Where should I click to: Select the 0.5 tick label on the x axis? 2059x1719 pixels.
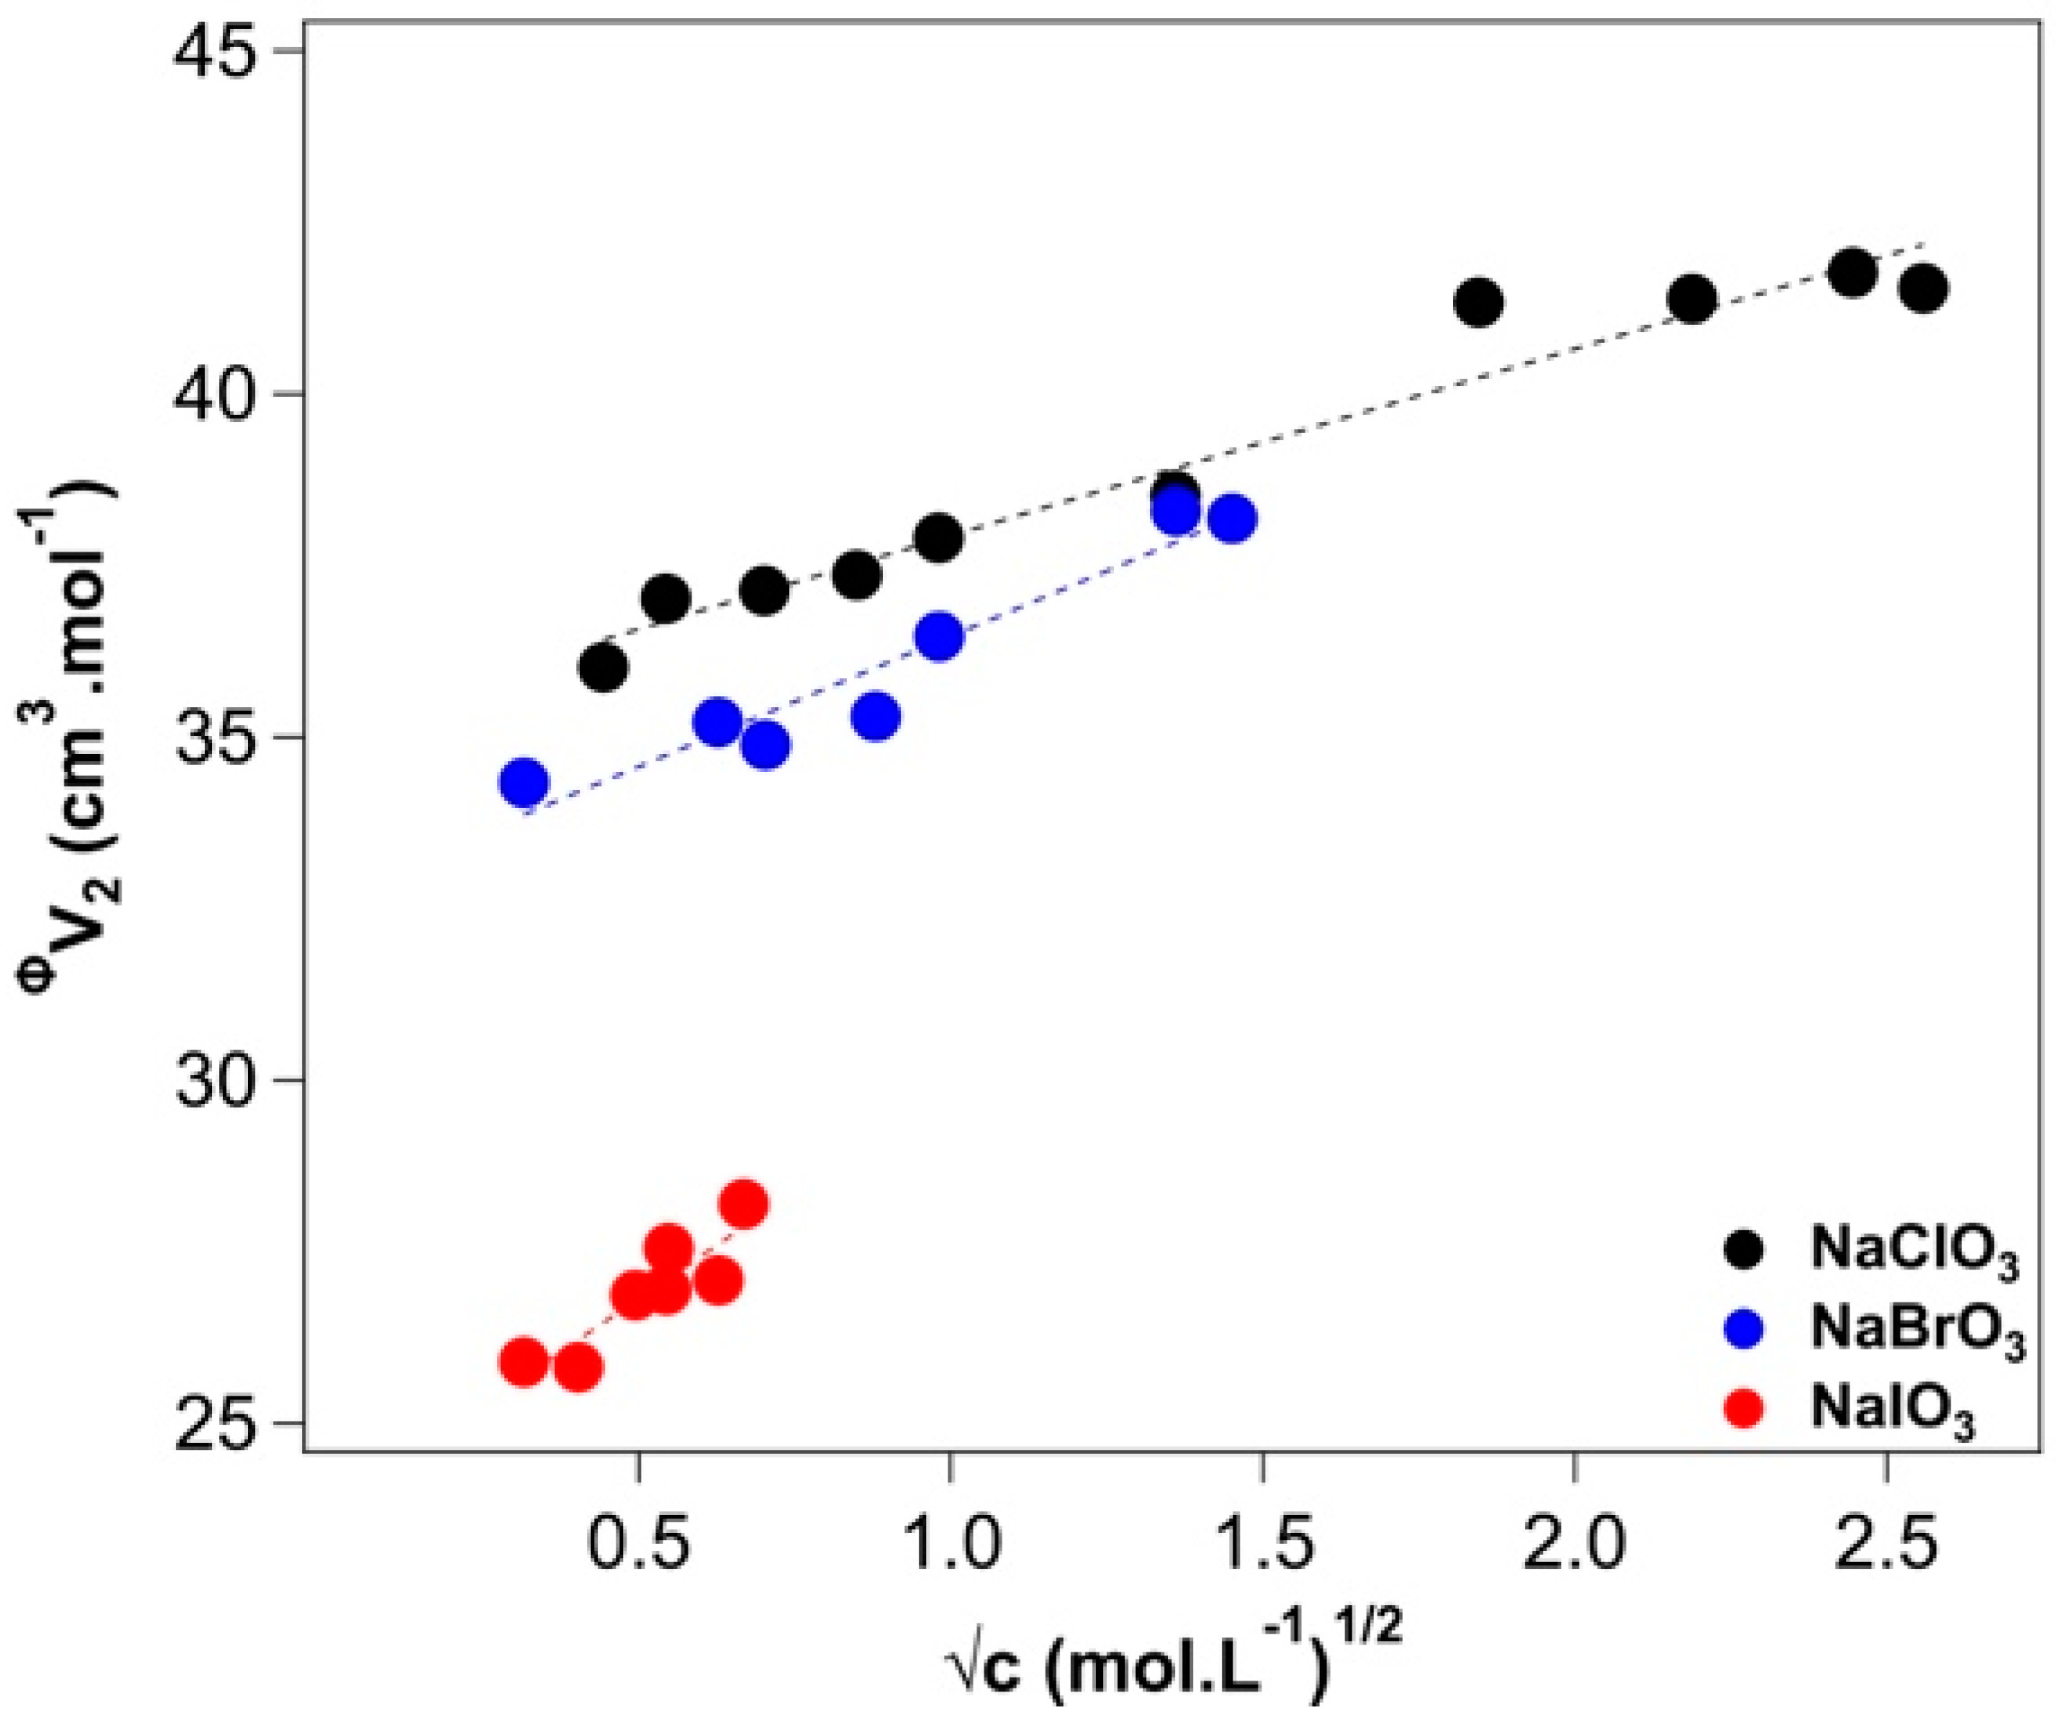pos(638,1545)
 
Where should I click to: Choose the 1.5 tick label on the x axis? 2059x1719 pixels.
pos(1262,1545)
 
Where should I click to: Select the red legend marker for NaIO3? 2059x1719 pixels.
pos(1743,1408)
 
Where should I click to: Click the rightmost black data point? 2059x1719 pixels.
pos(1924,288)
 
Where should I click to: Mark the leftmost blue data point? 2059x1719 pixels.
pos(524,781)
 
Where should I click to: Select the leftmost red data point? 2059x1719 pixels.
pos(524,1362)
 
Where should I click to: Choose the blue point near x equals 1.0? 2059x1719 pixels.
pos(940,638)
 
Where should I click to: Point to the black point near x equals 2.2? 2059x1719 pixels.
pos(1692,298)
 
